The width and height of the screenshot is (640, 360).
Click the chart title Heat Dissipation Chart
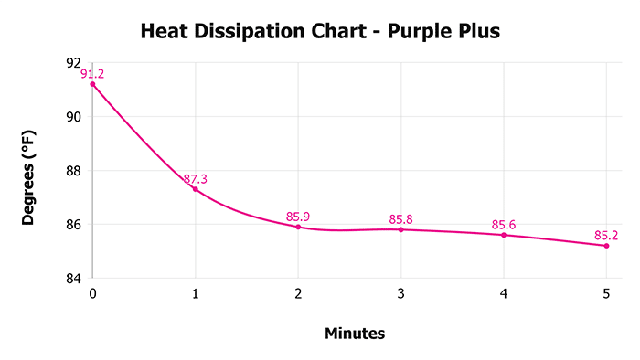click(x=320, y=32)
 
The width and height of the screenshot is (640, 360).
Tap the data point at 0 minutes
click(x=92, y=84)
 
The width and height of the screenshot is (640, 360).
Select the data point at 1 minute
click(x=195, y=189)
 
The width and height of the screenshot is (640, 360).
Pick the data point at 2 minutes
click(x=298, y=227)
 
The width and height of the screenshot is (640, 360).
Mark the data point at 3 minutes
click(x=400, y=229)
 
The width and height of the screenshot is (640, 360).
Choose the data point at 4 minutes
click(x=504, y=235)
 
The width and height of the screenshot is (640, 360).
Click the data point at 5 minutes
click(x=606, y=246)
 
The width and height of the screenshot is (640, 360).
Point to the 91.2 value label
click(x=92, y=74)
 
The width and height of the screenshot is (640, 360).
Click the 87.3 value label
click(x=195, y=179)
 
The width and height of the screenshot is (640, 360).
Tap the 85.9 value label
click(x=298, y=217)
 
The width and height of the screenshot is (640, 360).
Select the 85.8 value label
click(x=400, y=219)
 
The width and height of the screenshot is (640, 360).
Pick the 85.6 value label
click(x=504, y=225)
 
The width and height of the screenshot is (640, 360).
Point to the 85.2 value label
click(x=606, y=236)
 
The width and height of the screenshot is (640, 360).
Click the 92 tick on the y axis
click(x=74, y=63)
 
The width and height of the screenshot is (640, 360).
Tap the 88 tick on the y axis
click(x=74, y=171)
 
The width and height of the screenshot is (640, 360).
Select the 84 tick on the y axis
click(x=74, y=279)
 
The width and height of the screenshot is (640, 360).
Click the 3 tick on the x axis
click(x=400, y=294)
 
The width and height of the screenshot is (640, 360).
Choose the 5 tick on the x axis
click(x=606, y=294)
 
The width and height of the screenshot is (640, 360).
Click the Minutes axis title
click(x=355, y=334)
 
